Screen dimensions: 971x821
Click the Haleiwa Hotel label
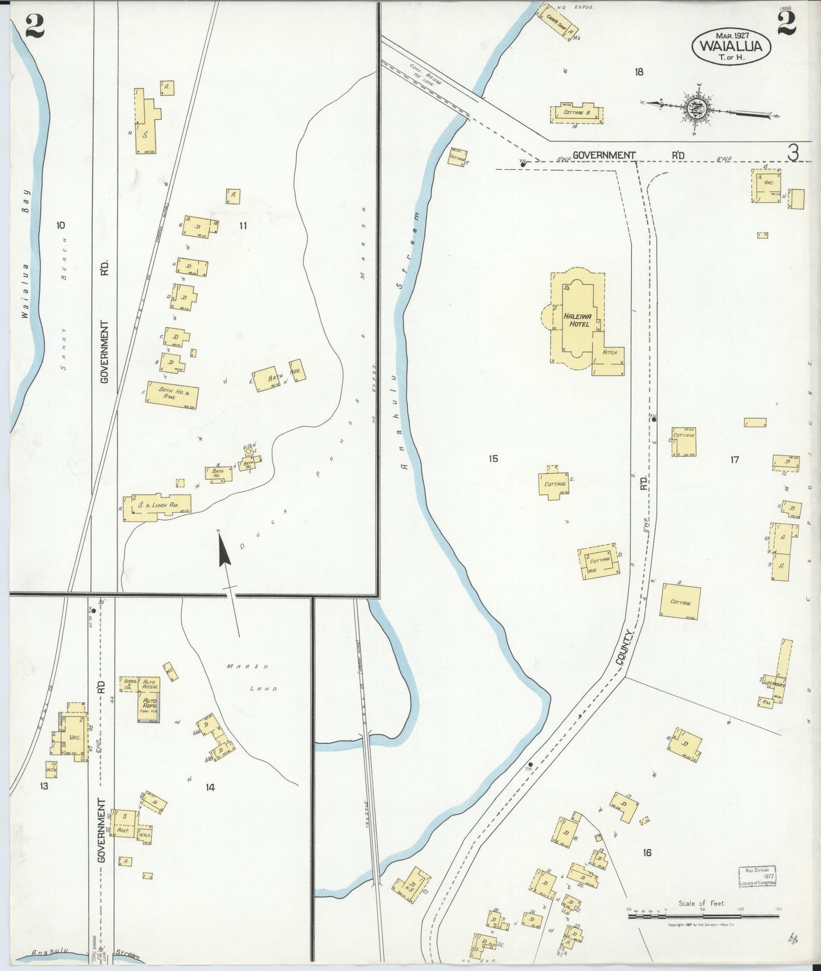point(577,319)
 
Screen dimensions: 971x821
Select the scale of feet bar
point(703,916)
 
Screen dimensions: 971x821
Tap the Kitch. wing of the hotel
point(610,355)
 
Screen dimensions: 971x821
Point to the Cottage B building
point(577,113)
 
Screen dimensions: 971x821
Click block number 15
point(493,458)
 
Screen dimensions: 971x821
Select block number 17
point(734,459)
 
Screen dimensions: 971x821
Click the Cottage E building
point(554,484)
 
